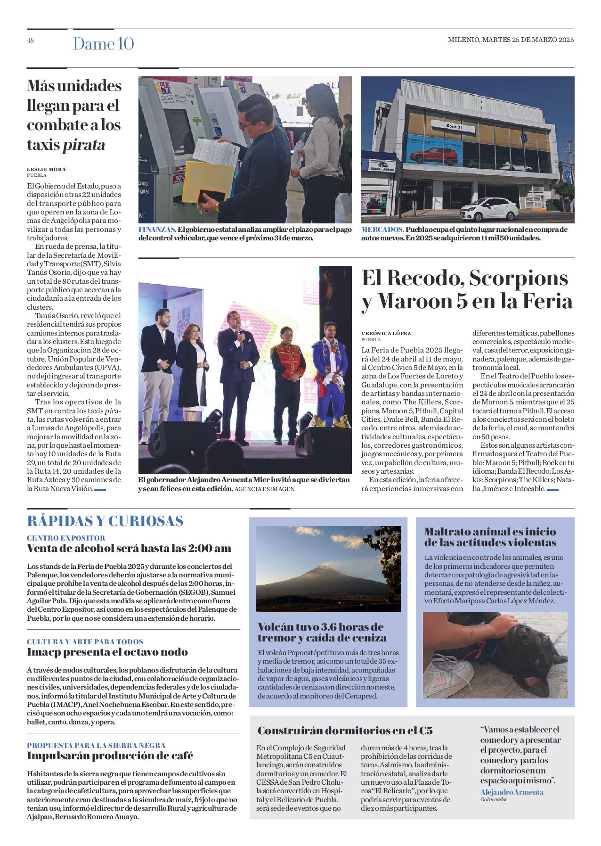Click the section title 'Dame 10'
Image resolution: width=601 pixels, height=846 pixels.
tap(103, 44)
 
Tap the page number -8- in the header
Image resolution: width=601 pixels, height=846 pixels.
tap(31, 41)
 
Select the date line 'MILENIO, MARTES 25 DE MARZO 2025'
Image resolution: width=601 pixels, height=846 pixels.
tap(511, 40)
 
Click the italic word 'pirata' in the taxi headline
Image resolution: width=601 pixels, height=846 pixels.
tap(84, 145)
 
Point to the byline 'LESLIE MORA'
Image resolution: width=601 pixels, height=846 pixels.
tap(46, 169)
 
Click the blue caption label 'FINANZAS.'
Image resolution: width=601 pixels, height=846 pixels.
tap(157, 230)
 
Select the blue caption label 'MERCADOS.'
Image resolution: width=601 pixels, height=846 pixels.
tap(382, 230)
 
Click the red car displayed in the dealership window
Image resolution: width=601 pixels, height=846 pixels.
tap(433, 156)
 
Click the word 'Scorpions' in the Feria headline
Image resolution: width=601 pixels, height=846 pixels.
tap(518, 278)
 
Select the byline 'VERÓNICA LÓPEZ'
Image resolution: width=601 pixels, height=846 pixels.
tap(386, 333)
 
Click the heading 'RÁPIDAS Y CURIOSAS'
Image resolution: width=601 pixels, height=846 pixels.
tap(105, 521)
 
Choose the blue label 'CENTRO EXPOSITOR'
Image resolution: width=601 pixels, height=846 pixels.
tap(66, 538)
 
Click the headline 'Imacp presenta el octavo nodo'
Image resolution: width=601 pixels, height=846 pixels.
tap(107, 652)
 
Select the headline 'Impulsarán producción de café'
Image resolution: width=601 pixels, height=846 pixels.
tap(110, 756)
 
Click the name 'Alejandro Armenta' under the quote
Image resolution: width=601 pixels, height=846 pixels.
tap(512, 792)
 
